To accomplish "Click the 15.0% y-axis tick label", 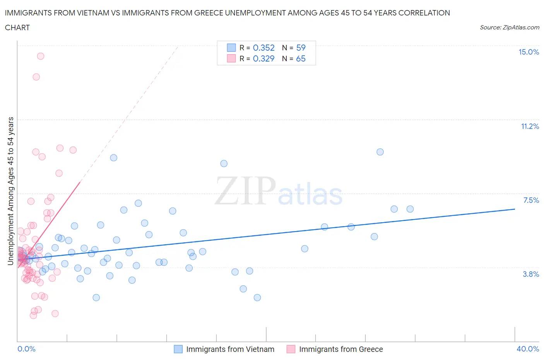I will [x=529, y=52].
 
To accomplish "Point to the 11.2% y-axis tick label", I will [x=530, y=127].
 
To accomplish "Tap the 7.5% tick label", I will [x=531, y=200].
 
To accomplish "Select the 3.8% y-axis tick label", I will [x=531, y=274].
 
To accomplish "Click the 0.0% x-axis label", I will [x=26, y=349].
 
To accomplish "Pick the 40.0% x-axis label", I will [x=528, y=349].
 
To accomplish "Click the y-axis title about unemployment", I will [x=11, y=191].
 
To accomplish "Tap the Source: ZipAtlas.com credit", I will [x=509, y=27].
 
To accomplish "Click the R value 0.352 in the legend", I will [x=263, y=48].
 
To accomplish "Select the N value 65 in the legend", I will [x=301, y=58].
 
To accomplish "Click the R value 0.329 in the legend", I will [x=263, y=58].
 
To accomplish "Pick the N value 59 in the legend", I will [x=301, y=48].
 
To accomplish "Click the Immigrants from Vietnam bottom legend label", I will [x=230, y=349].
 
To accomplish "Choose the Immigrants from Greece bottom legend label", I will [x=341, y=349].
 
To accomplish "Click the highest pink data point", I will [x=41, y=56].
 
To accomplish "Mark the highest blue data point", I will [x=380, y=152].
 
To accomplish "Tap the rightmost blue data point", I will [x=410, y=209].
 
